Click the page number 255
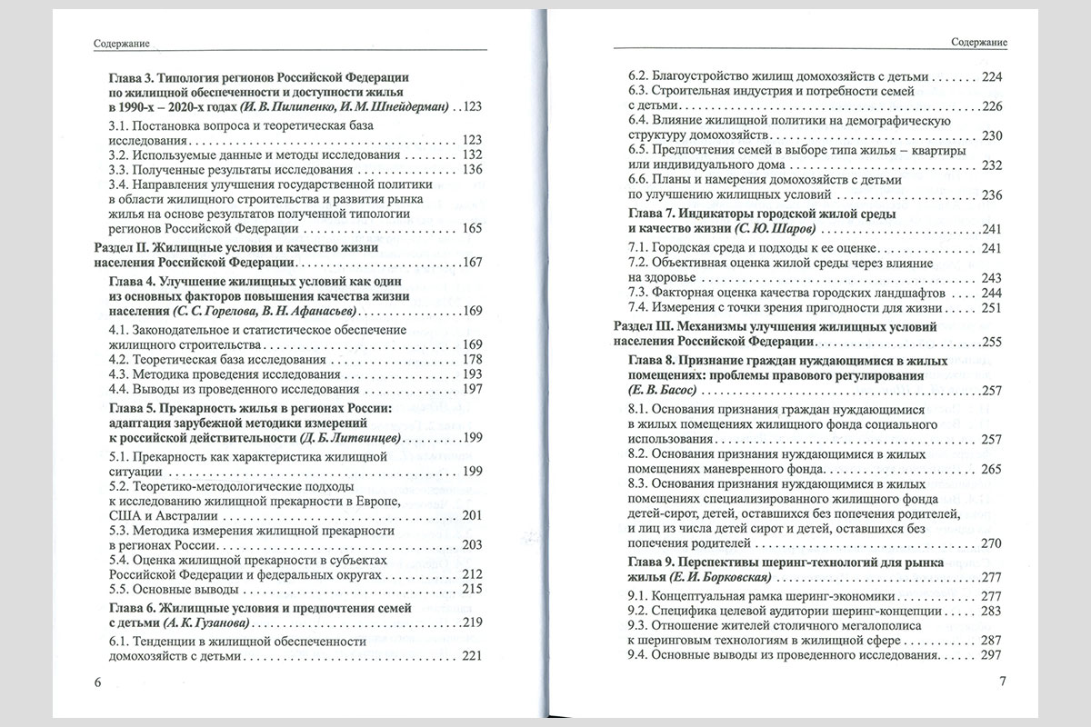[x=990, y=341]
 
